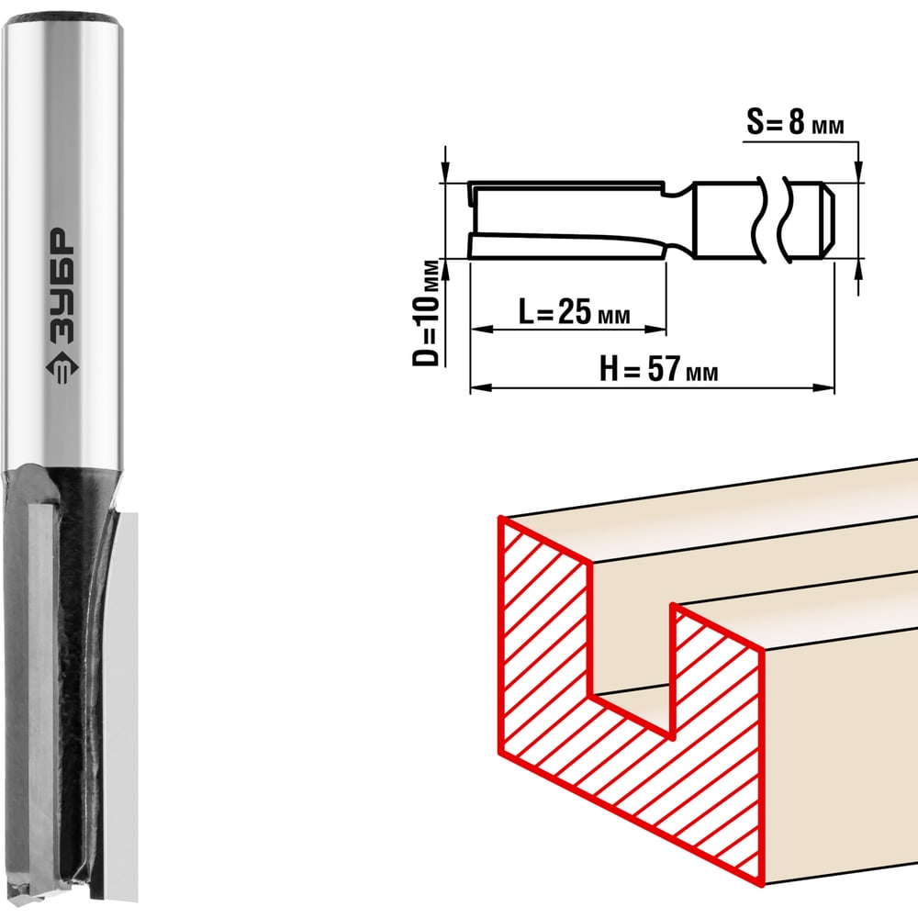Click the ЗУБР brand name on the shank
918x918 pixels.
[x=61, y=285]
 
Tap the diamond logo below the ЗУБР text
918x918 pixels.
[x=62, y=368]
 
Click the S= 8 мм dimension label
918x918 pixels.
[x=795, y=123]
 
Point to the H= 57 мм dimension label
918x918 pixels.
[x=658, y=369]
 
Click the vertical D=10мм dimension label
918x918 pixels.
[x=426, y=313]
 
